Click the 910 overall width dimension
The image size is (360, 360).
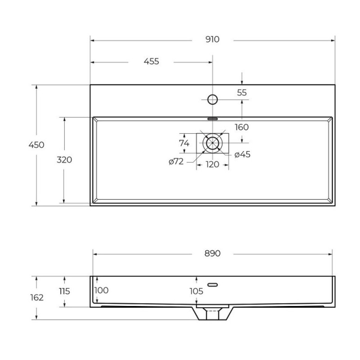click(x=212, y=40)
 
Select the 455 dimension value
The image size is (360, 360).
click(x=151, y=62)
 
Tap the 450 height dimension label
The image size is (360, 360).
click(x=36, y=145)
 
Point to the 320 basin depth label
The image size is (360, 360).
click(x=64, y=160)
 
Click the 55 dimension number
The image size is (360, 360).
click(x=242, y=93)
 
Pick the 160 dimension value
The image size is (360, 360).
click(x=242, y=127)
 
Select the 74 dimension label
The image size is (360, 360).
click(x=184, y=143)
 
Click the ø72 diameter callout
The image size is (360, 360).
click(x=176, y=162)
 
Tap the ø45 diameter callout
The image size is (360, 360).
click(x=243, y=154)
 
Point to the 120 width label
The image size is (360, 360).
click(x=212, y=165)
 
